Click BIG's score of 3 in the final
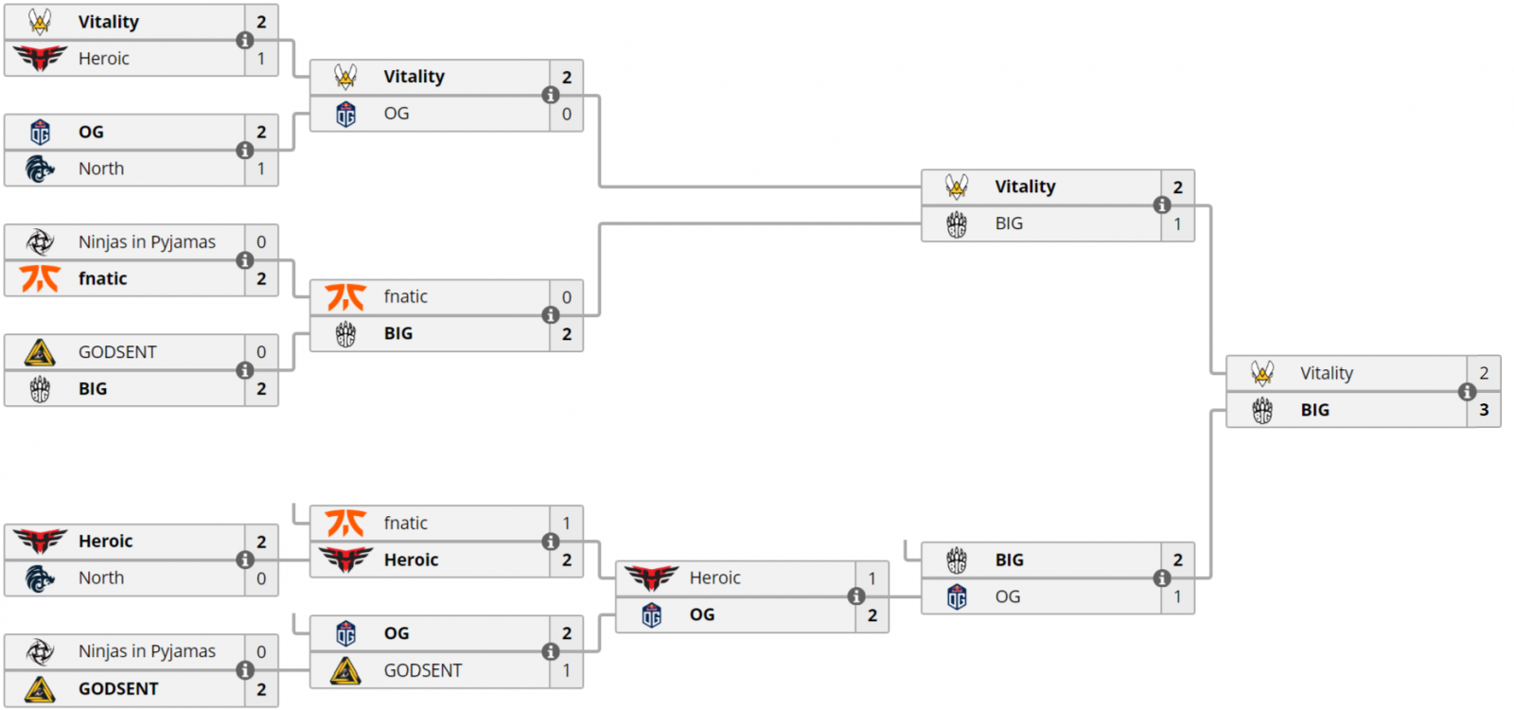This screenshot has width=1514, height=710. click(1484, 410)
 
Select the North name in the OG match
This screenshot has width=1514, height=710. click(101, 169)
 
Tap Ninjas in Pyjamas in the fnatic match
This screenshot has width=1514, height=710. click(147, 242)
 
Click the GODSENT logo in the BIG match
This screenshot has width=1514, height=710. click(40, 352)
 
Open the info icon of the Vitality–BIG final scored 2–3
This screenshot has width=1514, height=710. click(1468, 391)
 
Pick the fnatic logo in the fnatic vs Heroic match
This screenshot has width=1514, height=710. click(345, 523)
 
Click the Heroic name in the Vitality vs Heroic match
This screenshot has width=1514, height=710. click(104, 59)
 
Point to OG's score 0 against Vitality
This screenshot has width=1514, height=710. click(567, 114)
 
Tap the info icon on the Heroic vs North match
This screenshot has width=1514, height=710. click(245, 559)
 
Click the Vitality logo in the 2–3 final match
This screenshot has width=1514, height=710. click(1262, 373)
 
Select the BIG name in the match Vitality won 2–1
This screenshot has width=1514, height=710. click(1009, 223)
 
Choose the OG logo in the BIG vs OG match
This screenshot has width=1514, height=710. click(957, 597)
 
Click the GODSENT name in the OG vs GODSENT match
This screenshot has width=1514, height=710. click(423, 670)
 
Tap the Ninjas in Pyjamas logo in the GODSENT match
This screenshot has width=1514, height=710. click(40, 651)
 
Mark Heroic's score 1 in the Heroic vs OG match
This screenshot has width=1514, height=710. click(872, 578)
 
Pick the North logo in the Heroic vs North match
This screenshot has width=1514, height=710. click(40, 578)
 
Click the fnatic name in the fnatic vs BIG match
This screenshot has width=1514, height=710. click(406, 297)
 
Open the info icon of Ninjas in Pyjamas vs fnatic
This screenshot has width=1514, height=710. click(245, 260)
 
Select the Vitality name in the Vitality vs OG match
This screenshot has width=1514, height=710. click(414, 77)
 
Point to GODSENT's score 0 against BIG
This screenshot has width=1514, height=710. click(261, 352)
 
